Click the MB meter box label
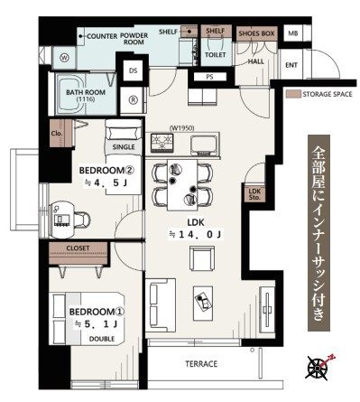click(x=292, y=33)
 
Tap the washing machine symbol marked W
click(x=64, y=58)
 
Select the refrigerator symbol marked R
click(x=133, y=100)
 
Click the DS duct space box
click(x=133, y=70)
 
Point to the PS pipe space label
click(x=209, y=77)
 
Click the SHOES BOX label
click(x=256, y=33)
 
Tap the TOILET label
click(x=216, y=55)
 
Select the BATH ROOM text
click(x=86, y=92)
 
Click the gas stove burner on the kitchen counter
click(x=162, y=142)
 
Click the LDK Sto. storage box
click(x=254, y=194)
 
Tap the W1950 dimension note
click(x=182, y=128)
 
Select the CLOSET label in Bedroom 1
click(x=78, y=248)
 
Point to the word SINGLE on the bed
click(x=124, y=147)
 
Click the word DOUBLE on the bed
click(x=102, y=339)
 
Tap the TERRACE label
click(x=201, y=364)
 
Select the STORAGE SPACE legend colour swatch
click(x=293, y=94)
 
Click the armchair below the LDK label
click(x=202, y=257)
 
